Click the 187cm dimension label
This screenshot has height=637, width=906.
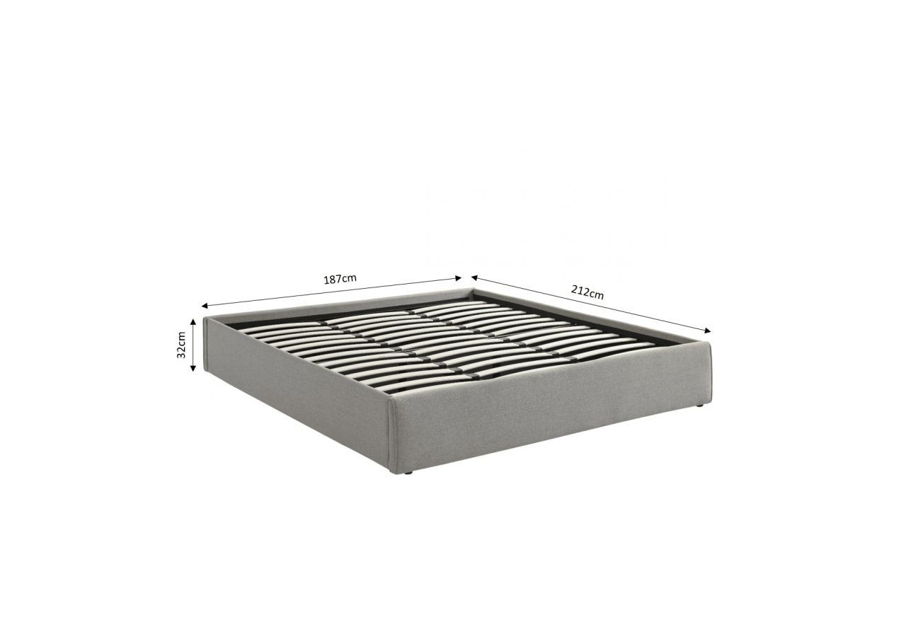click(340, 279)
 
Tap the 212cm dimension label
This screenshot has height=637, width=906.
click(587, 292)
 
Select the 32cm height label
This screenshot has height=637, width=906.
click(181, 345)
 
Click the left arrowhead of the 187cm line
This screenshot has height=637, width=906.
click(205, 306)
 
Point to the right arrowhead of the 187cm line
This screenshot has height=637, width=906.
click(458, 278)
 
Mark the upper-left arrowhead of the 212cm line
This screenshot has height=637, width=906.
click(475, 277)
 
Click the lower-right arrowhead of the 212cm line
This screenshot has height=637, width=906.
click(707, 331)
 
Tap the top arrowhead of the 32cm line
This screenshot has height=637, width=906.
click(193, 321)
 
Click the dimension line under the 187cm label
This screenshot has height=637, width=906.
click(332, 292)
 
